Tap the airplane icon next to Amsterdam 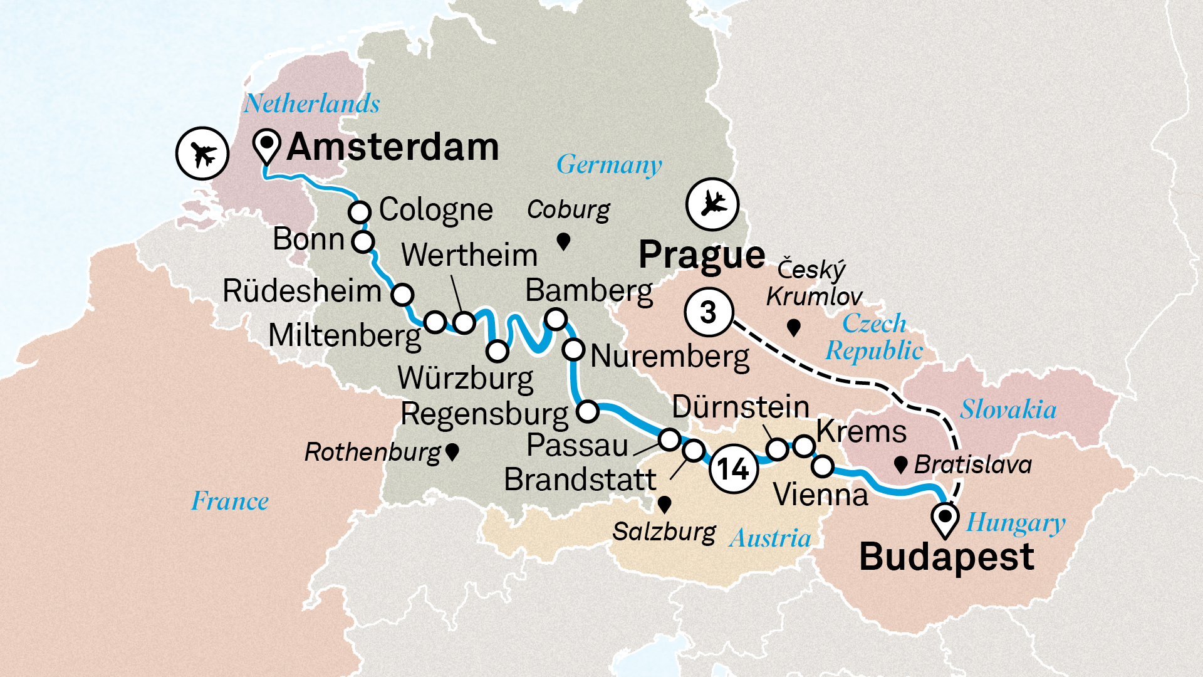pos(202,153)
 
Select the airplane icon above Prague pos(712,204)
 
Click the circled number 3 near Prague pos(708,312)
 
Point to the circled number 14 pos(732,469)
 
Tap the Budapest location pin pos(945,520)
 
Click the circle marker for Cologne pos(360,212)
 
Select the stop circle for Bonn pos(363,241)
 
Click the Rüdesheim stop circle pos(402,293)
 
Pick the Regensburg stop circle pos(588,411)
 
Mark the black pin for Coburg pos(563,241)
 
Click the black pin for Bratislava pos(900,464)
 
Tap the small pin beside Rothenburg pos(452,451)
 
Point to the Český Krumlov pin pos(793,327)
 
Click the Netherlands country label pos(311,103)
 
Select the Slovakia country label pos(1008,409)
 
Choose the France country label pos(230,501)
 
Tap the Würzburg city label pos(465,378)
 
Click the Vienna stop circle pos(823,466)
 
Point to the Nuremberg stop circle pos(573,349)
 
